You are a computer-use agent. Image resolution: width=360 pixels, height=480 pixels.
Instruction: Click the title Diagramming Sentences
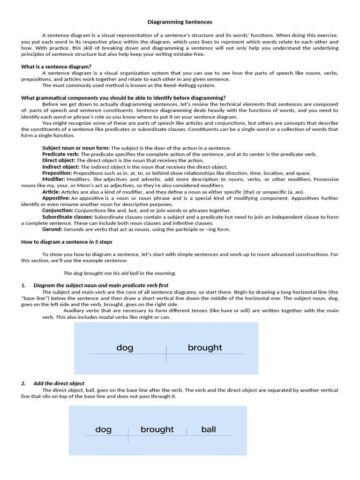(180, 22)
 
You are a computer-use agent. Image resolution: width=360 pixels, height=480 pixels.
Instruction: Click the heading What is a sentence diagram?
(56, 67)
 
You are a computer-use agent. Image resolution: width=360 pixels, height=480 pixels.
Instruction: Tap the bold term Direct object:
(59, 160)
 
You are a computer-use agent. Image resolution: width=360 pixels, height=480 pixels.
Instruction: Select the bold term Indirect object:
(61, 166)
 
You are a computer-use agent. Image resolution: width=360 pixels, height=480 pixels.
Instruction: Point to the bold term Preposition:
(57, 173)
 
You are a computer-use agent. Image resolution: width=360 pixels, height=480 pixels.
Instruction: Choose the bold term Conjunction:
(58, 210)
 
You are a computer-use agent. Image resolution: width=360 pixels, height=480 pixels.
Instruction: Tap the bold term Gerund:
(52, 229)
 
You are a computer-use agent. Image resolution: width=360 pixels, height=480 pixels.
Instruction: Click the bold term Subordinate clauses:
(68, 217)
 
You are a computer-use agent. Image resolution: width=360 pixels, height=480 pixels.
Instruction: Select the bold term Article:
(51, 192)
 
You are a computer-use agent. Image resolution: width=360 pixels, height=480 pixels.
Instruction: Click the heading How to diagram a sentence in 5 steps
(67, 242)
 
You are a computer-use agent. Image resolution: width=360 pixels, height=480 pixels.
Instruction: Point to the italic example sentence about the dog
(120, 273)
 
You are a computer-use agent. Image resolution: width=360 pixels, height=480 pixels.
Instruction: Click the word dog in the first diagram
(125, 348)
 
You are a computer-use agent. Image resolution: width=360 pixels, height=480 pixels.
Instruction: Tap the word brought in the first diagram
(205, 348)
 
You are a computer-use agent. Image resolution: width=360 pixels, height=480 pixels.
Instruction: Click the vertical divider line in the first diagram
(166, 353)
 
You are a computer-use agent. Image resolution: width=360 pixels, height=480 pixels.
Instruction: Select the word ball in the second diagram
(209, 429)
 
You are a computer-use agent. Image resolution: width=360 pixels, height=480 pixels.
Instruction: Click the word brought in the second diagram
(157, 429)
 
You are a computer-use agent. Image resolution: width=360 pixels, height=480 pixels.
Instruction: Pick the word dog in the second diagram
(103, 429)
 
